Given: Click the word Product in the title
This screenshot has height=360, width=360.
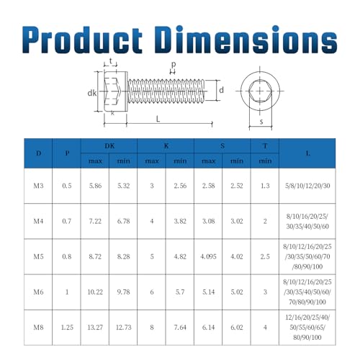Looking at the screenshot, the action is [82, 40].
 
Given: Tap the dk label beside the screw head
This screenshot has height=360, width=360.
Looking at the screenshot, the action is [92, 93].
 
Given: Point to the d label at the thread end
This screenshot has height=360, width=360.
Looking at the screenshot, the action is [221, 90].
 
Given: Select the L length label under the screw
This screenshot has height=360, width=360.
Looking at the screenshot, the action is [158, 119].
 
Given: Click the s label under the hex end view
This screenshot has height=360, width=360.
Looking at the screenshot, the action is [261, 122].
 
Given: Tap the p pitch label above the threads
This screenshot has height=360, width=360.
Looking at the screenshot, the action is [174, 64].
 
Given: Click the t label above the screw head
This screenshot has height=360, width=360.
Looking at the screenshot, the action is [111, 61].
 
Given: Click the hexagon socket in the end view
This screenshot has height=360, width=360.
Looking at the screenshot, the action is [260, 91].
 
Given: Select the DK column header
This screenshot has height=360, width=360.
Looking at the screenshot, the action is [109, 146].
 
